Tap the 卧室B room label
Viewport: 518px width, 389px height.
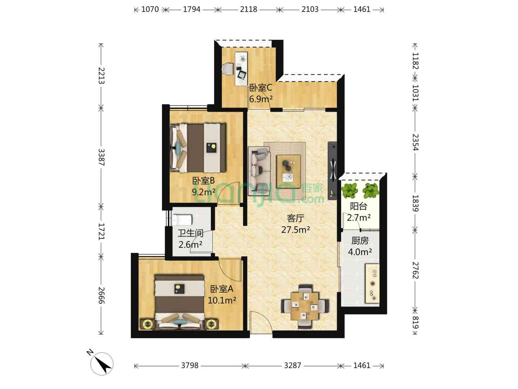pos(203,181)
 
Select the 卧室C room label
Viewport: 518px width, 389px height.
pos(261,88)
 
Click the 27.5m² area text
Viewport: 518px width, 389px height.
pos(295,229)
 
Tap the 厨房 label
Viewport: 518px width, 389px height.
pos(360,241)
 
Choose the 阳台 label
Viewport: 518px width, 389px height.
pos(359,206)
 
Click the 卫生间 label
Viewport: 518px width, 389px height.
pos(190,233)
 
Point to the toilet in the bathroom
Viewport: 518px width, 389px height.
pos(182,220)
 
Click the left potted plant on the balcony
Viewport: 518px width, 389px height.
pos(349,191)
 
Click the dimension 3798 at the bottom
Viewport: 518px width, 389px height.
pos(190,366)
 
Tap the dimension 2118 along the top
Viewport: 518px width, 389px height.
pos(248,9)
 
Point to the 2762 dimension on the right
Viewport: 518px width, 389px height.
pos(415,270)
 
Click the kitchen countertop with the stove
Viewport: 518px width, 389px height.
pos(372,283)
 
